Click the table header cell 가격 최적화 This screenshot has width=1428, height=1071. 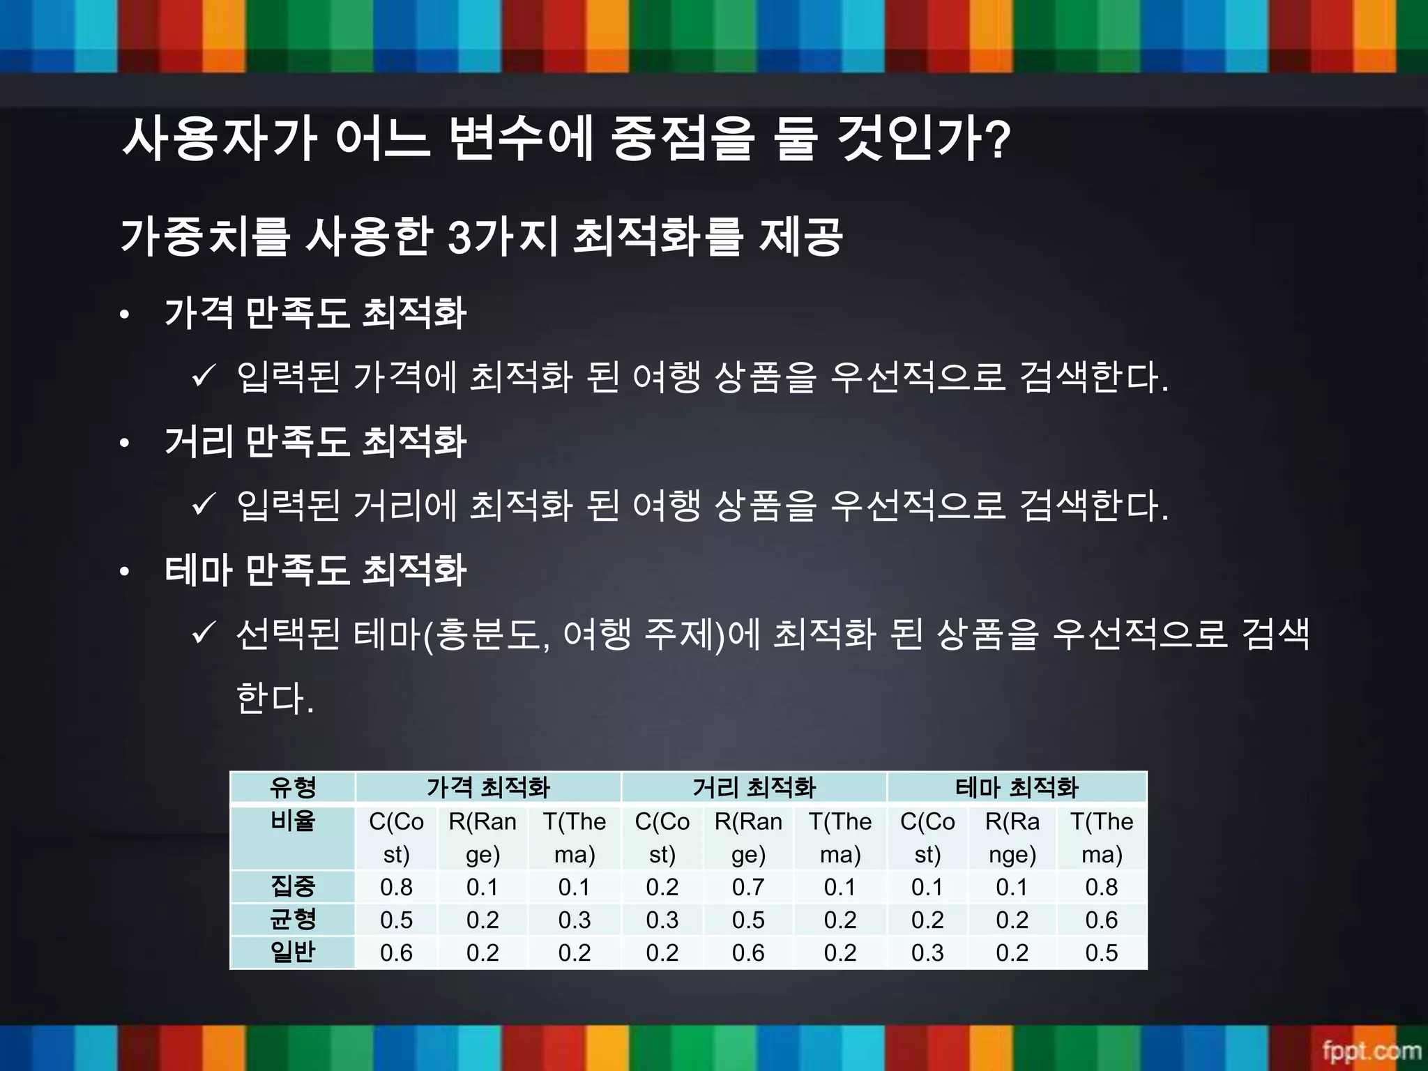(x=488, y=788)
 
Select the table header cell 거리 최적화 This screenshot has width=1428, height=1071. (x=754, y=788)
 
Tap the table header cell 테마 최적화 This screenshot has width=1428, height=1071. (x=1017, y=788)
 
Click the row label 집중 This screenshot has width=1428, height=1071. (x=293, y=887)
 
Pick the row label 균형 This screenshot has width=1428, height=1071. (x=293, y=920)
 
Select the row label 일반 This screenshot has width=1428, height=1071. (x=293, y=952)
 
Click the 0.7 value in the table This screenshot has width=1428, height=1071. (x=748, y=887)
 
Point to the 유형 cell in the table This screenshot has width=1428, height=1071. (x=293, y=788)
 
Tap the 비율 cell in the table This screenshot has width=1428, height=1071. (x=293, y=821)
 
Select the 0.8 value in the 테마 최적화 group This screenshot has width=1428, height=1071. (x=1102, y=887)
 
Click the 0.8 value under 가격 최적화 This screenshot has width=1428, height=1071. (x=396, y=887)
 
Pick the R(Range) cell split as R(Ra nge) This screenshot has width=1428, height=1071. (x=1012, y=838)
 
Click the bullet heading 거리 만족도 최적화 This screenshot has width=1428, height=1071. (x=315, y=442)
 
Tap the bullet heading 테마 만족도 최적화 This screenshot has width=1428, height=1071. (x=315, y=570)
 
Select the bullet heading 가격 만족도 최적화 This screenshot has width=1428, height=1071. (x=315, y=313)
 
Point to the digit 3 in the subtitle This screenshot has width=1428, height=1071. (x=460, y=237)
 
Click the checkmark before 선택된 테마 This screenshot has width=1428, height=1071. (x=203, y=633)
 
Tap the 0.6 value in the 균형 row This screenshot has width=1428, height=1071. (x=1102, y=920)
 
